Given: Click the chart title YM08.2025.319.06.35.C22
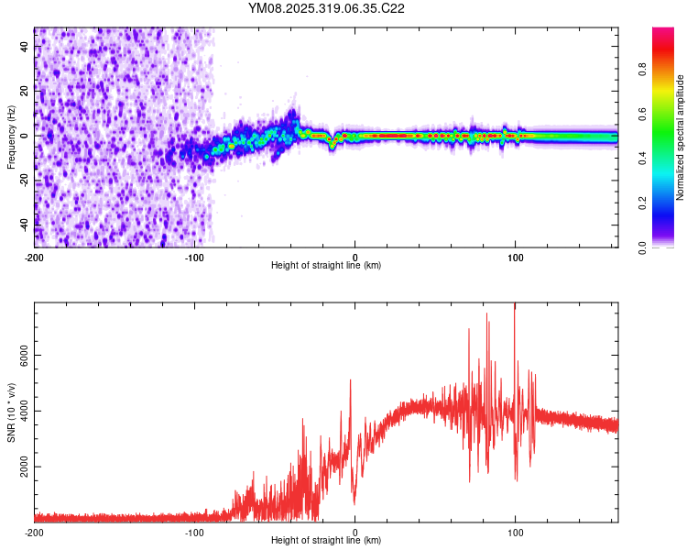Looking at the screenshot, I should pyautogui.click(x=326, y=8).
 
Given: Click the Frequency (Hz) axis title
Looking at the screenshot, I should pyautogui.click(x=11, y=137).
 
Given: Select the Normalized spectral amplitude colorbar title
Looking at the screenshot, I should pyautogui.click(x=681, y=137).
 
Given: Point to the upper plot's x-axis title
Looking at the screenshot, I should pyautogui.click(x=326, y=265).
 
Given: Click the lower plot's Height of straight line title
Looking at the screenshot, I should pyautogui.click(x=326, y=540).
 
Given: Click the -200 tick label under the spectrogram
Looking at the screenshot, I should pyautogui.click(x=35, y=257).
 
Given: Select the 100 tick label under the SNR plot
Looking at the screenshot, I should pyautogui.click(x=515, y=532).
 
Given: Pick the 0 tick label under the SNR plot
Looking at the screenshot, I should pyautogui.click(x=354, y=532).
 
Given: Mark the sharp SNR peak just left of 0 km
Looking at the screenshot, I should pyautogui.click(x=350, y=381).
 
